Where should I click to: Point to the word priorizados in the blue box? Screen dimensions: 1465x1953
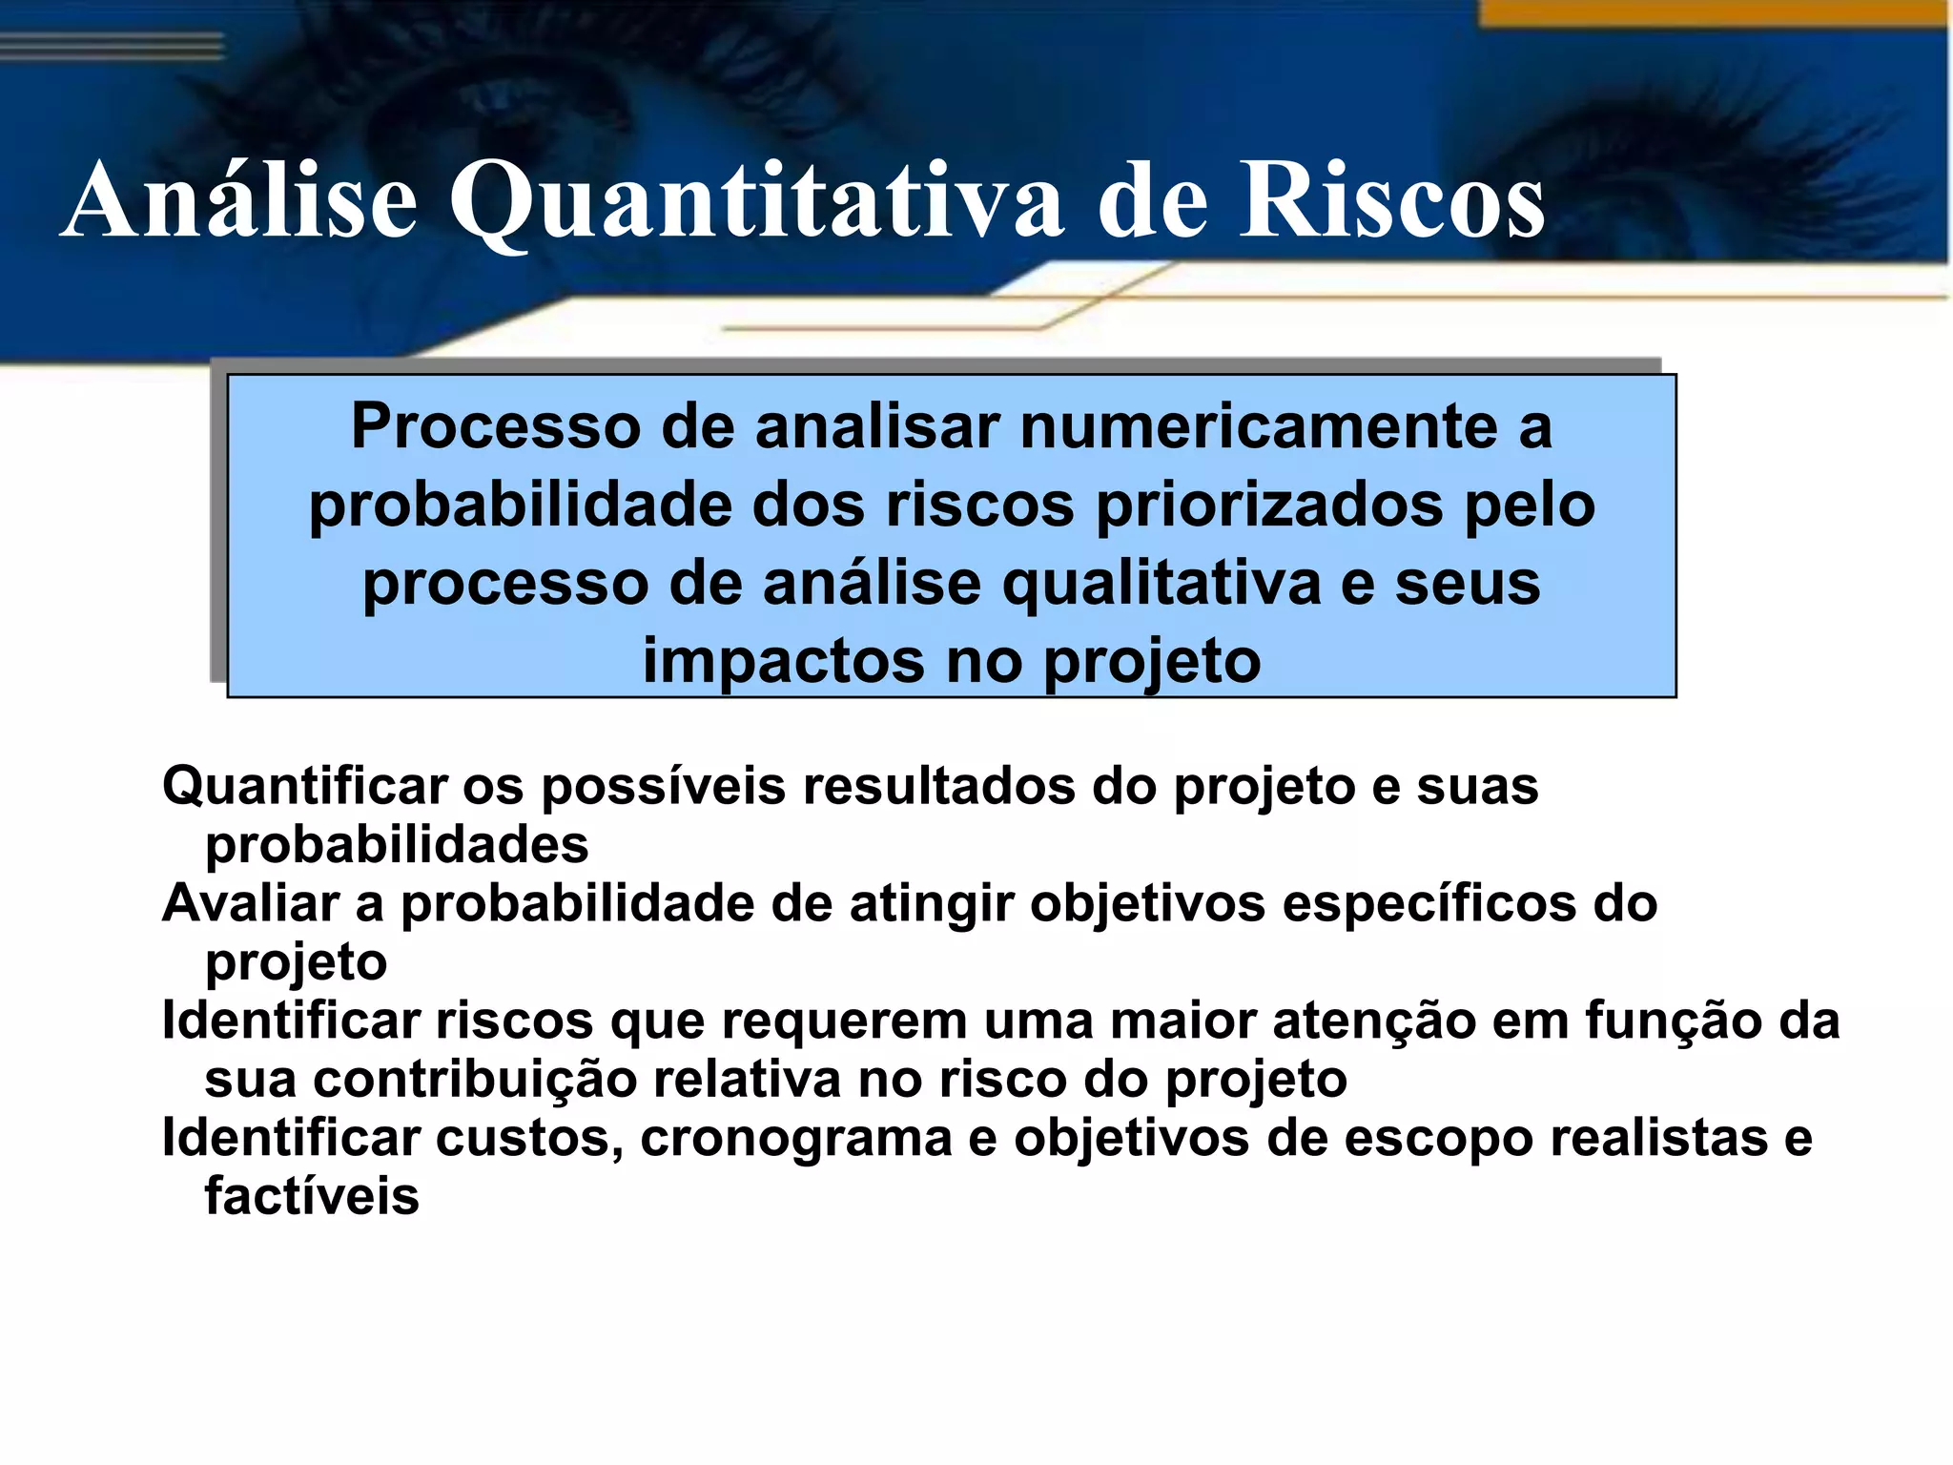point(1268,506)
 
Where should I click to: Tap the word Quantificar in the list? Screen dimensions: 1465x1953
point(304,788)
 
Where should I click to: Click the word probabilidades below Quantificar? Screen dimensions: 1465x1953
point(397,846)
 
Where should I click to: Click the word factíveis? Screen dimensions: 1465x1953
point(312,1197)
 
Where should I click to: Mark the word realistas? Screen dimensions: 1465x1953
point(1659,1139)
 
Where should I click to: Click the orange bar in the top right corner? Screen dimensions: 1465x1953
point(1717,12)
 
